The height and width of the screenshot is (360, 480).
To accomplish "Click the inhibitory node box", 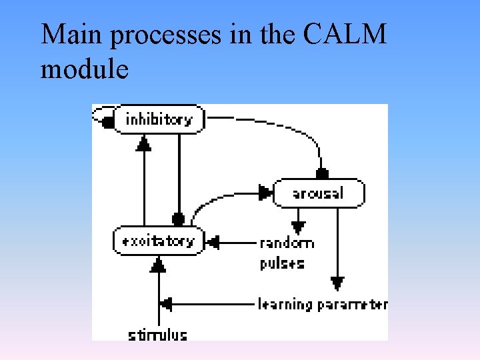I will [x=159, y=120].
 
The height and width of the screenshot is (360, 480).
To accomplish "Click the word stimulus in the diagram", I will [x=158, y=334].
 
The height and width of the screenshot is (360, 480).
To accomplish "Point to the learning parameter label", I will [x=323, y=305].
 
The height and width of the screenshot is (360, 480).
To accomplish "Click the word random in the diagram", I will [x=287, y=243].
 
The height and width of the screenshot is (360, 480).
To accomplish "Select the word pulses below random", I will [x=282, y=262].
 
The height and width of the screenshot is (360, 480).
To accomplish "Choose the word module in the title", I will [x=84, y=68].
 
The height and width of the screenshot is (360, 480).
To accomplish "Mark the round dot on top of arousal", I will [x=322, y=174].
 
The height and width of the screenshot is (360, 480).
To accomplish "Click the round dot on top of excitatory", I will [x=178, y=218].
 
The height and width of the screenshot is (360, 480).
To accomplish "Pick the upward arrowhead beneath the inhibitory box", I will [x=144, y=143].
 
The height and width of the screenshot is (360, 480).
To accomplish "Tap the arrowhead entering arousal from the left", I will [x=266, y=193].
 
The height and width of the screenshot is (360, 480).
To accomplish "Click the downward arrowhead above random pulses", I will [x=298, y=227].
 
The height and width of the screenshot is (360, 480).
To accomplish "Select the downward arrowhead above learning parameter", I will [x=338, y=283].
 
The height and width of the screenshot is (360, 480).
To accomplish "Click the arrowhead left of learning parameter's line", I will [x=165, y=304].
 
